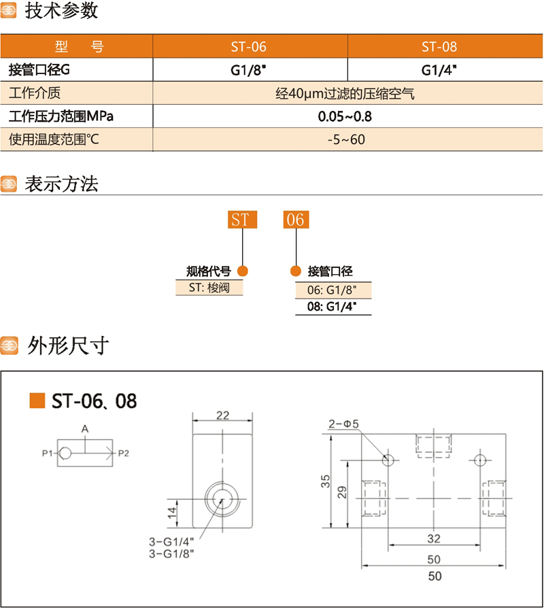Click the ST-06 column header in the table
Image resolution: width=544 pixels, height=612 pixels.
249,47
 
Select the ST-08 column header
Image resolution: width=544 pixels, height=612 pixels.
439,47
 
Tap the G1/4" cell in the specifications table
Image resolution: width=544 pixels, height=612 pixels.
439,69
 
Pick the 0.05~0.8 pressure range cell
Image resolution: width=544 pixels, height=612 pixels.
345,116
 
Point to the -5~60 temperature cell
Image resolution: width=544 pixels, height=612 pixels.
345,140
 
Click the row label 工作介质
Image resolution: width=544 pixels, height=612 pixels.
35,93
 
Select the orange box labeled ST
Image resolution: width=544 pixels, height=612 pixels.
240,220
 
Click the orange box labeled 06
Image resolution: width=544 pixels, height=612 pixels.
296,220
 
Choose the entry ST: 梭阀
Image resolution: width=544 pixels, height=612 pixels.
209,288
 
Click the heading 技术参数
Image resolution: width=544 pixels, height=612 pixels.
61,12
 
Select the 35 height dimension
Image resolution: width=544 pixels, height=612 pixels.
326,482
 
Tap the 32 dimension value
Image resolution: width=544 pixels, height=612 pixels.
434,539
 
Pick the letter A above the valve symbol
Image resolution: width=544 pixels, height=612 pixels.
84,428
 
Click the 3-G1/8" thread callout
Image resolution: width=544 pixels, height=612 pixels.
171,554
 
